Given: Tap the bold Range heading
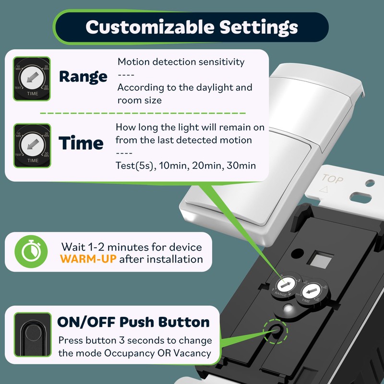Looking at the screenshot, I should coord(83,77).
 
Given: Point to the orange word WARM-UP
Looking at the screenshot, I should coord(88,259).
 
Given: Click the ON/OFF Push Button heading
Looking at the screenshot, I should coord(133,322).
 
